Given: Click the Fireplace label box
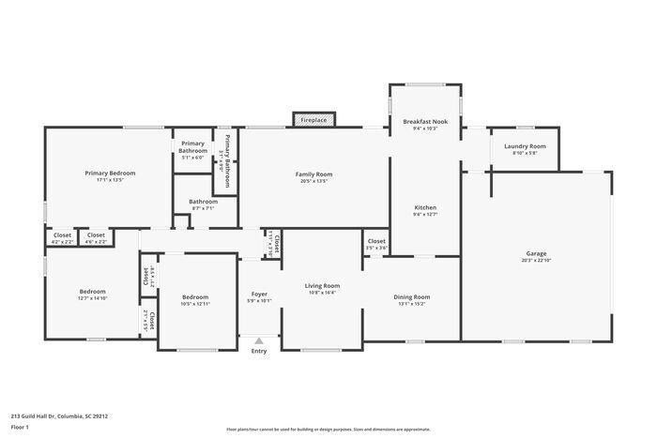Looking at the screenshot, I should point(313,120).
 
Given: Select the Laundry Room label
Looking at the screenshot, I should point(525,146).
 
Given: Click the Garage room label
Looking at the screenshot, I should point(536,254).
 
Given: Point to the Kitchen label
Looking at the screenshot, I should point(425,207).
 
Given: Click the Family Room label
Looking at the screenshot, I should point(313,174).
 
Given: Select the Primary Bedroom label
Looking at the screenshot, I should point(110,174).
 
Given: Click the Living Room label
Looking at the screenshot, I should point(322,286).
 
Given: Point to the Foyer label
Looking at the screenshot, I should point(258,295).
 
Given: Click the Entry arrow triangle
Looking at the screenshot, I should point(258,341).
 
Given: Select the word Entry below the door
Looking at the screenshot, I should point(258,352).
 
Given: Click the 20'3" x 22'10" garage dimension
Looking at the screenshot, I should point(536,261).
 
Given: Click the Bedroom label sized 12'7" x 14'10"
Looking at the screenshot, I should point(92,292).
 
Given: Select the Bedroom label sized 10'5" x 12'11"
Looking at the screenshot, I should point(195,297).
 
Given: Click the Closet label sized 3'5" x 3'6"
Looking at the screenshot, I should point(376,241).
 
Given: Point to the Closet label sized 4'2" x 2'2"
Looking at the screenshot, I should point(62,234).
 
